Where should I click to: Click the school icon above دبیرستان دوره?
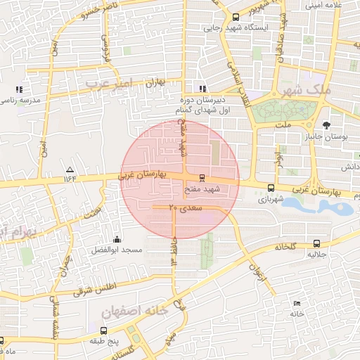[x=202, y=89]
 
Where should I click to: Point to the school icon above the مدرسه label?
[x=19, y=89]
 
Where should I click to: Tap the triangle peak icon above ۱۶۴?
[x=70, y=169]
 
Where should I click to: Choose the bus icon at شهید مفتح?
[x=202, y=178]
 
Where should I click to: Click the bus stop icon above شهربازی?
[x=271, y=188]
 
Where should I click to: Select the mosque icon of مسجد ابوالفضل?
[x=116, y=238]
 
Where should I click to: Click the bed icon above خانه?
[x=296, y=303]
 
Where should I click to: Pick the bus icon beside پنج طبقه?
[x=103, y=330]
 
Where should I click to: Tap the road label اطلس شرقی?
[x=96, y=287]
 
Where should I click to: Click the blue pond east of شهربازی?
[x=327, y=206]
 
